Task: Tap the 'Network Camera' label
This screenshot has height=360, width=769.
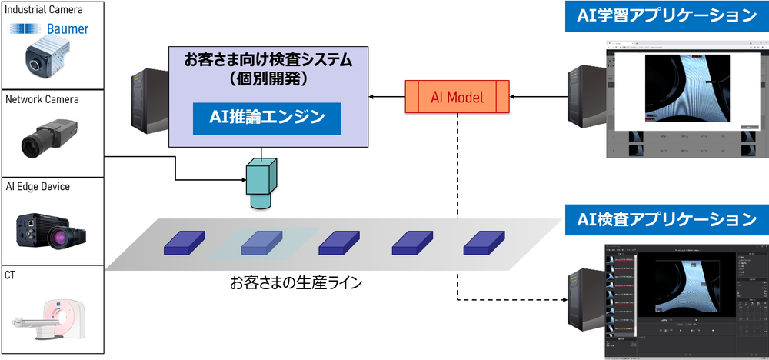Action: (42, 99)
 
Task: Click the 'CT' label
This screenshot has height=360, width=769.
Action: (11, 275)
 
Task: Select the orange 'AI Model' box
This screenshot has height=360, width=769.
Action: (457, 98)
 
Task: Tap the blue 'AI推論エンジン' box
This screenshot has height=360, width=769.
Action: (266, 118)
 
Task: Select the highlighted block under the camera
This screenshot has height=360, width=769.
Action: (261, 243)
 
